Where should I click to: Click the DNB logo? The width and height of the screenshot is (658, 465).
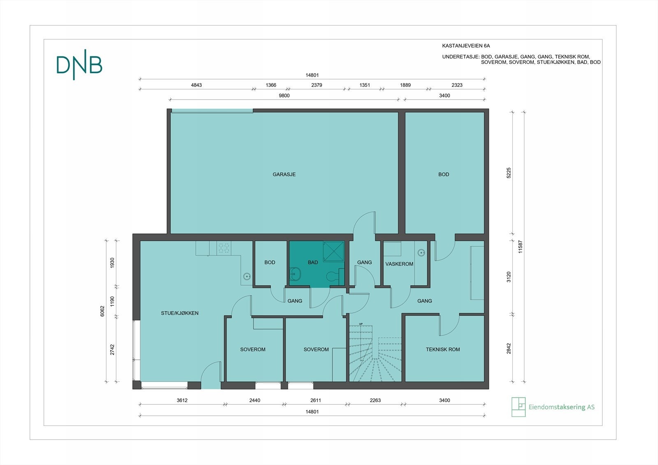(x=79, y=65)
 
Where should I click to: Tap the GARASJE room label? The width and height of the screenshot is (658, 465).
(x=284, y=174)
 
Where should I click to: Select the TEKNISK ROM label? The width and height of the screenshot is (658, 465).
(x=443, y=349)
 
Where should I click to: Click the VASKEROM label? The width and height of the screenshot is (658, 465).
(x=399, y=264)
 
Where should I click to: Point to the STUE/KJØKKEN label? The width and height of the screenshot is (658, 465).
(x=179, y=313)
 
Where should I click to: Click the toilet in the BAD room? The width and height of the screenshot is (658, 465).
(x=334, y=276)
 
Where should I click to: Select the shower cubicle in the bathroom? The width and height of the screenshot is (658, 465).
(x=334, y=251)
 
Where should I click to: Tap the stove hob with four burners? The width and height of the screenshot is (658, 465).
(x=224, y=248)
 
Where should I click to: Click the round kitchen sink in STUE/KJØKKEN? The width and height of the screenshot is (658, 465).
(x=247, y=276)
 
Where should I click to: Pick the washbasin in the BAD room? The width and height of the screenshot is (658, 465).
(x=294, y=274)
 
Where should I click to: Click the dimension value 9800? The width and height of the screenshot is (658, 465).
(x=284, y=95)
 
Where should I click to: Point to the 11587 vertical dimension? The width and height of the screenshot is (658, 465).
(x=520, y=247)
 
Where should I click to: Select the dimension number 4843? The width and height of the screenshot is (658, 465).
(x=196, y=85)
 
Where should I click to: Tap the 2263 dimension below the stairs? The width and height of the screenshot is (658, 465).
(x=375, y=400)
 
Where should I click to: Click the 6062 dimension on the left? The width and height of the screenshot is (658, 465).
(x=102, y=311)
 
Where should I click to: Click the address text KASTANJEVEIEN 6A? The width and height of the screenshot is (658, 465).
(x=466, y=46)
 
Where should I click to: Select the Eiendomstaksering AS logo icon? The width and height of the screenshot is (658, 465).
(x=518, y=407)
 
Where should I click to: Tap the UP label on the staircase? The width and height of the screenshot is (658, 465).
(x=361, y=324)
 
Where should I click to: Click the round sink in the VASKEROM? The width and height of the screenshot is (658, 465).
(x=421, y=253)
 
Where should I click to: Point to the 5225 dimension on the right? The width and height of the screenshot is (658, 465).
(x=509, y=173)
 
